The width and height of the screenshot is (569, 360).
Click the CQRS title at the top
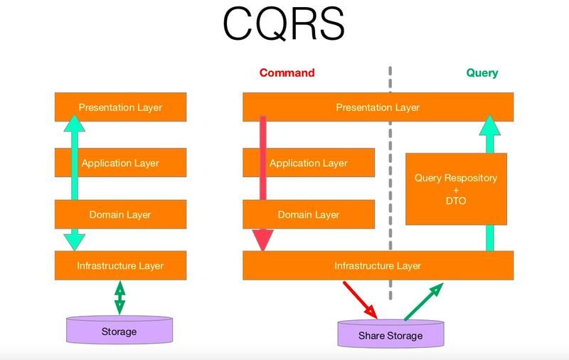(283, 24)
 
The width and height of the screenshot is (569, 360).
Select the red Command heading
(287, 73)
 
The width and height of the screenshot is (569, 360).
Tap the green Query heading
(482, 73)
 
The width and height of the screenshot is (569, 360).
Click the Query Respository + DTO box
(456, 189)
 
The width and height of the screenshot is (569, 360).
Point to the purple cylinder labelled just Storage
(119, 330)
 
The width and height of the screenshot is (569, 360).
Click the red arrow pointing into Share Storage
(360, 300)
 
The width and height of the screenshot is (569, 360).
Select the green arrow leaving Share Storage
(424, 302)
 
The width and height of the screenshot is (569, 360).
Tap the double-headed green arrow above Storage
(119, 297)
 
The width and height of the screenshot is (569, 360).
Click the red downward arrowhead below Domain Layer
(262, 240)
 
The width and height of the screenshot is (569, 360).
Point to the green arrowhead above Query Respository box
(490, 125)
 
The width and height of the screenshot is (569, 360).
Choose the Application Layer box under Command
(309, 163)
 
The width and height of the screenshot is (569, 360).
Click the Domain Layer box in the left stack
(120, 214)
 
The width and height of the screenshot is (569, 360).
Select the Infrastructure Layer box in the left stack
(120, 265)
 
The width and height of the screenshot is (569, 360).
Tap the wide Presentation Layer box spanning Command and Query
(378, 107)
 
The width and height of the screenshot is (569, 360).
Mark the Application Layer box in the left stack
(120, 163)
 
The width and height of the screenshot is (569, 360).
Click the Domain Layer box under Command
(309, 214)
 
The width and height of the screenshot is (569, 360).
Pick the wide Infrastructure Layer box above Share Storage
(378, 265)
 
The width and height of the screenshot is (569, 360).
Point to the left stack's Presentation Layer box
(120, 107)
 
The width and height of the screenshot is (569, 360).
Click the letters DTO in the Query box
(456, 201)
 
